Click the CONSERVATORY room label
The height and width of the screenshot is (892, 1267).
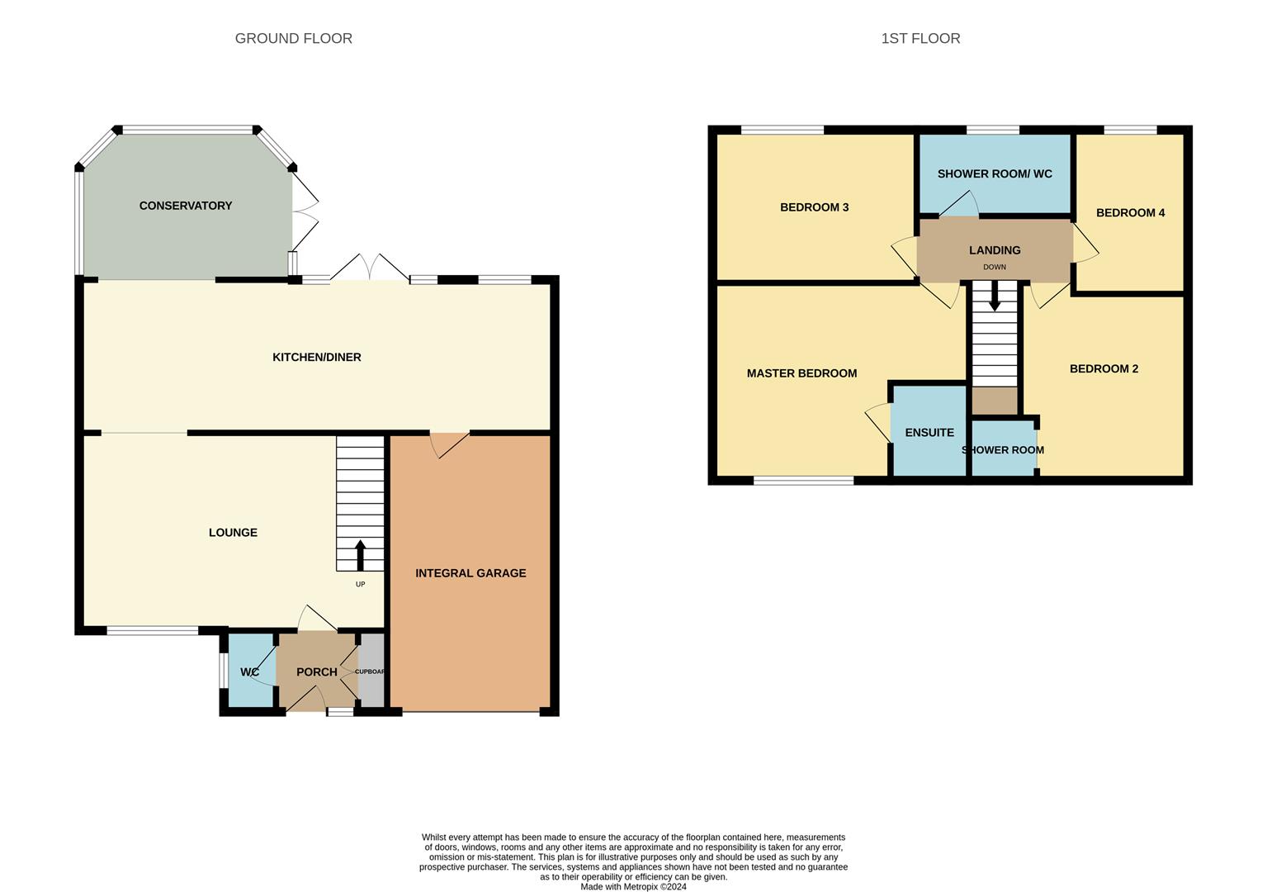[x=186, y=206]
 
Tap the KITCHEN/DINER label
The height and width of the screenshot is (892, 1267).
[x=317, y=357]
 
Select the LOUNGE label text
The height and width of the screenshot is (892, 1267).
[x=233, y=533]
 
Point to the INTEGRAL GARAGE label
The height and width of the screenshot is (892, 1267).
[x=470, y=573]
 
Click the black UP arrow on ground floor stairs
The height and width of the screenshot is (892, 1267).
[x=360, y=555]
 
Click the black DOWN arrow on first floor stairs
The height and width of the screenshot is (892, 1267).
[x=995, y=296]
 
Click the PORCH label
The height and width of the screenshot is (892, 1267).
[x=317, y=672]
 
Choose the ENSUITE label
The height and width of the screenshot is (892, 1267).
[x=929, y=433]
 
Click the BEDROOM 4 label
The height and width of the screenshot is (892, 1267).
[x=1130, y=213]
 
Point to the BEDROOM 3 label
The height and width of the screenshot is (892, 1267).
[x=815, y=207]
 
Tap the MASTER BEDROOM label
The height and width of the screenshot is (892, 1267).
[x=801, y=373]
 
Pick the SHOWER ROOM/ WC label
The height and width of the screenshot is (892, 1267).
[x=995, y=174]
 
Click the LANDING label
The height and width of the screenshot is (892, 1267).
[x=995, y=250]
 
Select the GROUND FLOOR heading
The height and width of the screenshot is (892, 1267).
[x=294, y=38]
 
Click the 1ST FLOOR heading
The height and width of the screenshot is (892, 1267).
[x=920, y=38]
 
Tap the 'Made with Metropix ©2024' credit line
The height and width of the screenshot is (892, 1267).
[x=633, y=887]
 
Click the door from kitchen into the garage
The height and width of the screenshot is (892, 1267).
[x=449, y=443]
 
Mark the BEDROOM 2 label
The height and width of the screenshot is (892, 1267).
[x=1104, y=369]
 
